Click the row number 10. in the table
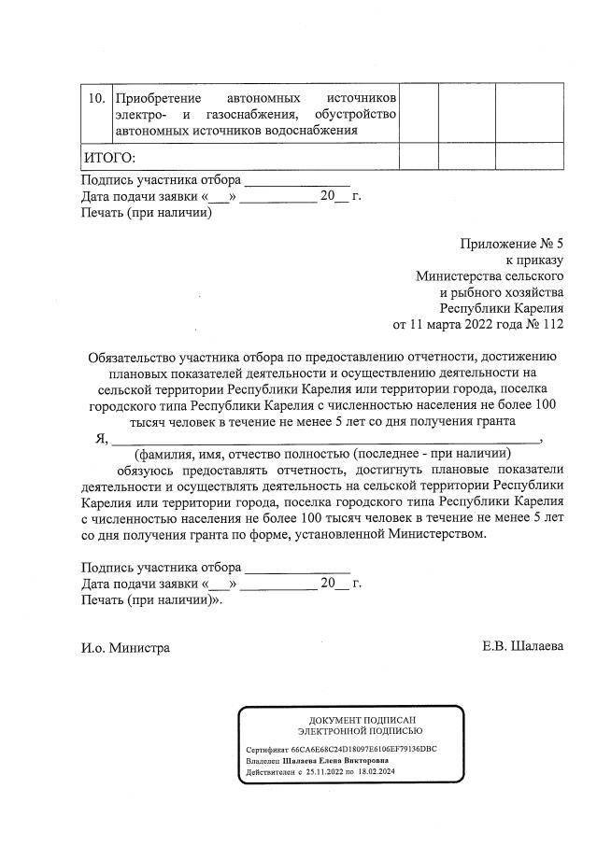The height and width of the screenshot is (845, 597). [94, 98]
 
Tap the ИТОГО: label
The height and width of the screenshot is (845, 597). [109, 156]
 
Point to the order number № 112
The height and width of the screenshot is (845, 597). [547, 325]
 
